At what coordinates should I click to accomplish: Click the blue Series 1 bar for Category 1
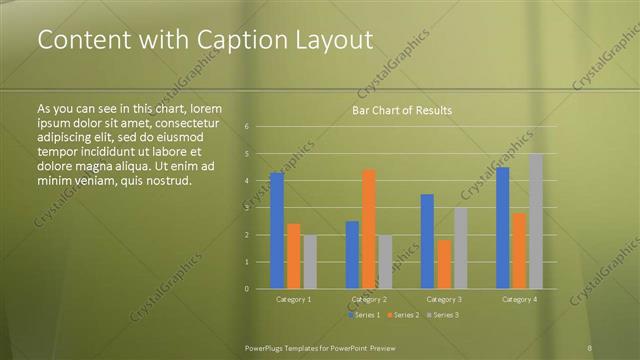277,230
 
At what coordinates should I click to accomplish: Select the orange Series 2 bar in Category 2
369,229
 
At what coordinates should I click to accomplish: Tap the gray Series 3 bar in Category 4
536,221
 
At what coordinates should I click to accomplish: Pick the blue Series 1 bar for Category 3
427,241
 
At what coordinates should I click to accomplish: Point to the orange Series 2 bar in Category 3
444,264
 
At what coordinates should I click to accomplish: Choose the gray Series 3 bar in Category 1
310,262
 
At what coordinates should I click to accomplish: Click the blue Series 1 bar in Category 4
503,228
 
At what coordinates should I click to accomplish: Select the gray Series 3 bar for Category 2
386,262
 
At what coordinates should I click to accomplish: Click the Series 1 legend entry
364,315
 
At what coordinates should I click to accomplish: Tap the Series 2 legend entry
403,315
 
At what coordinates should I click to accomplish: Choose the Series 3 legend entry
443,315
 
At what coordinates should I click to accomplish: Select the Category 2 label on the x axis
369,299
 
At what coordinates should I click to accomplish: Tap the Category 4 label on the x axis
519,299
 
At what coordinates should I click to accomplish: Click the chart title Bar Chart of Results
401,110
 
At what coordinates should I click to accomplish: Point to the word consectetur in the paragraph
185,120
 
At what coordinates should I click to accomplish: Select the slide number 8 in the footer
591,347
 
